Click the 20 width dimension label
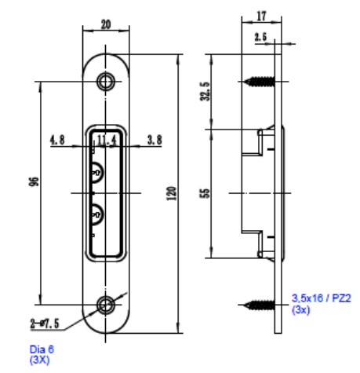(106, 24)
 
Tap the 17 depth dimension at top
(262, 16)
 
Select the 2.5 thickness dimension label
(260, 37)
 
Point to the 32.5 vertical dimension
(205, 91)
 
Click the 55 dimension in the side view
(205, 193)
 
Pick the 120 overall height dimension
(172, 193)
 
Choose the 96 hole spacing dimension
(34, 181)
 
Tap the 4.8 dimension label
(57, 140)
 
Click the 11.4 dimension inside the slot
(107, 141)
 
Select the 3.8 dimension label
(155, 140)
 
